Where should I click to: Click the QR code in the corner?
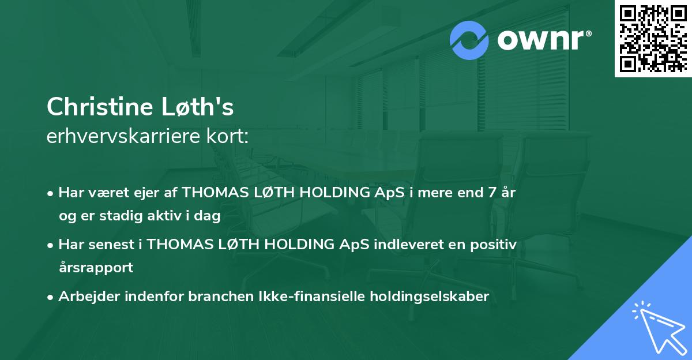tap(653, 39)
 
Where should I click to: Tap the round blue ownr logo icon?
tap(470, 40)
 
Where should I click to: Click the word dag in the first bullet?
tap(210, 216)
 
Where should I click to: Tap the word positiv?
tap(494, 245)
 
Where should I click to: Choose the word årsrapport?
tap(96, 268)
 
